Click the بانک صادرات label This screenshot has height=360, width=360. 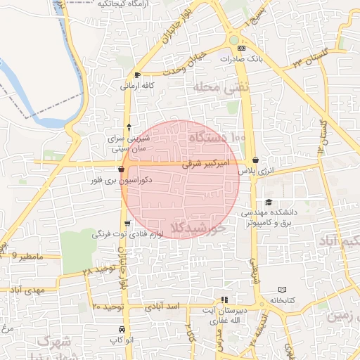(x=240, y=59)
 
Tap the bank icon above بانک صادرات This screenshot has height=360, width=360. (x=241, y=48)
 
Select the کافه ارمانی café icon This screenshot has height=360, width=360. (x=136, y=75)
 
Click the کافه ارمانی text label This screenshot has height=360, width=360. (x=136, y=86)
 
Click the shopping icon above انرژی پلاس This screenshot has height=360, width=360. (x=255, y=160)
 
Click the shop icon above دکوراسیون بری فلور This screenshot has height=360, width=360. (x=122, y=169)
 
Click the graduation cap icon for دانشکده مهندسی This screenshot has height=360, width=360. (x=269, y=203)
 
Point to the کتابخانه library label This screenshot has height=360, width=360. (x=282, y=300)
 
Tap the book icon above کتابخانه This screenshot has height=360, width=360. (x=282, y=290)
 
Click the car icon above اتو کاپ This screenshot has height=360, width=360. (x=122, y=330)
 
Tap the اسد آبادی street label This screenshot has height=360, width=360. (x=163, y=307)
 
